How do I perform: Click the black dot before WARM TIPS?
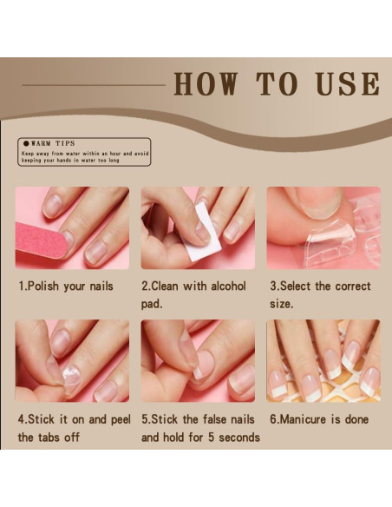click(26, 143)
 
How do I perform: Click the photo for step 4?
click(73, 361)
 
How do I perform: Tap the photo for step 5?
click(198, 361)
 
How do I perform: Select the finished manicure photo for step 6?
click(323, 361)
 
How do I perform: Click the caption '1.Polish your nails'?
click(66, 286)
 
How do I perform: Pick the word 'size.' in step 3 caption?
click(280, 305)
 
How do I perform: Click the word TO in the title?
click(277, 84)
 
